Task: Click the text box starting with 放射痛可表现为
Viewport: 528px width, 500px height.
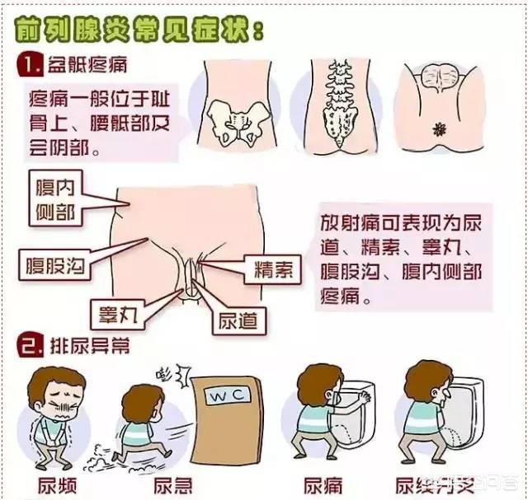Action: pyautogui.click(x=402, y=260)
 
